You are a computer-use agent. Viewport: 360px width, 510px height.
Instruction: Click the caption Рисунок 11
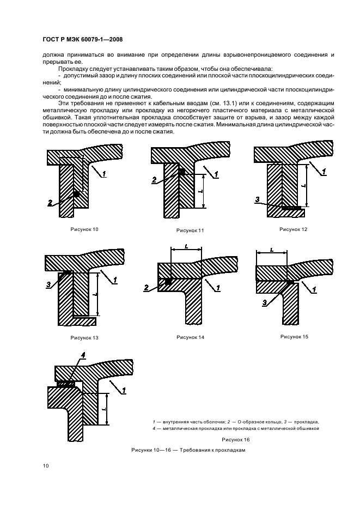click(x=190, y=230)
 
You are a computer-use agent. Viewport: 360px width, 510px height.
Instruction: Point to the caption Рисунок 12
click(x=294, y=229)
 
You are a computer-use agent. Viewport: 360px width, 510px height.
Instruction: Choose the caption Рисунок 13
click(x=84, y=338)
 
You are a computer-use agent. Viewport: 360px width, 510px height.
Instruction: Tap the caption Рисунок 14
click(x=190, y=337)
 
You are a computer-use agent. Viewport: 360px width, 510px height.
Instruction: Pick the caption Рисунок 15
click(x=294, y=337)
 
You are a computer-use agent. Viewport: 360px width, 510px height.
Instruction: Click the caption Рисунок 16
click(x=235, y=439)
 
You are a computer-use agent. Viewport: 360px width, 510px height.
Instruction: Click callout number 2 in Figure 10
click(x=50, y=203)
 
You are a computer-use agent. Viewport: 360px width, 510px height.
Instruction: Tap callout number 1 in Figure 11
click(x=216, y=174)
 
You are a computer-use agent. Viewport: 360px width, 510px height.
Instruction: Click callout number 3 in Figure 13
click(x=48, y=284)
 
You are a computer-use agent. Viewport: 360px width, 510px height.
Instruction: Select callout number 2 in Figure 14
click(x=146, y=288)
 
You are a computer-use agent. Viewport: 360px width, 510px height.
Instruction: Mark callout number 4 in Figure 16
click(x=83, y=356)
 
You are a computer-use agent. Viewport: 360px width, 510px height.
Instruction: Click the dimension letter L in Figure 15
click(x=271, y=250)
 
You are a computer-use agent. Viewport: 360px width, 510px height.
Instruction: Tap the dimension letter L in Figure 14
click(x=186, y=246)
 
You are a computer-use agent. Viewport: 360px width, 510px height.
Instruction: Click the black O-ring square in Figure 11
click(x=182, y=172)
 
